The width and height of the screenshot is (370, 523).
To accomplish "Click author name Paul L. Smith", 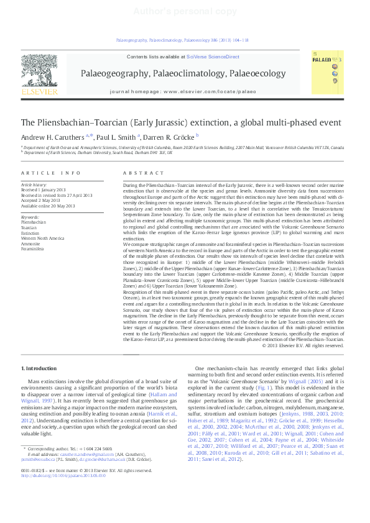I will click(x=118, y=137).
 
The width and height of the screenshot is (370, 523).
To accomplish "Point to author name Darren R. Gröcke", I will click(x=170, y=137).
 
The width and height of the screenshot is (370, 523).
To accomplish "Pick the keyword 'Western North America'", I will click(x=42, y=238).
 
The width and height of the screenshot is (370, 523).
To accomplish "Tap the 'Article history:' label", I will click(x=35, y=185).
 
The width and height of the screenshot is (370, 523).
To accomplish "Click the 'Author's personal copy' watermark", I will click(x=185, y=11).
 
